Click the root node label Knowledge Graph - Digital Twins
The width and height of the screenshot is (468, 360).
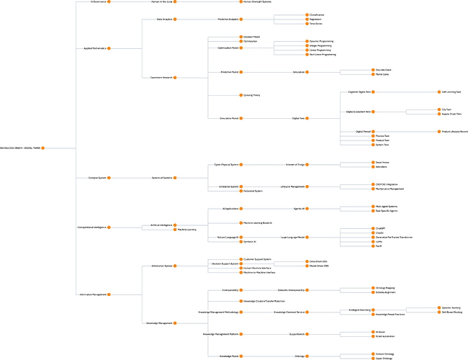click(20, 148)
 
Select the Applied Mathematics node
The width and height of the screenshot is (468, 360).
click(94, 49)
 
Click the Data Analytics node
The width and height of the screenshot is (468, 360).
click(165, 19)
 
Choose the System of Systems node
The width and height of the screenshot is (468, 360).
click(162, 177)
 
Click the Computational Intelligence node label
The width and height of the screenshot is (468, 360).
click(93, 227)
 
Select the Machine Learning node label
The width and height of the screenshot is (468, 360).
click(187, 230)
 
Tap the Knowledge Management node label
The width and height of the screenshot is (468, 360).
click(159, 323)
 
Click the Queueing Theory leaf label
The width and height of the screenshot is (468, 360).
click(252, 95)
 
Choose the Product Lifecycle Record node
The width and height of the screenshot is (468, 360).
click(453, 131)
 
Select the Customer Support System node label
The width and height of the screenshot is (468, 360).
click(258, 258)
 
